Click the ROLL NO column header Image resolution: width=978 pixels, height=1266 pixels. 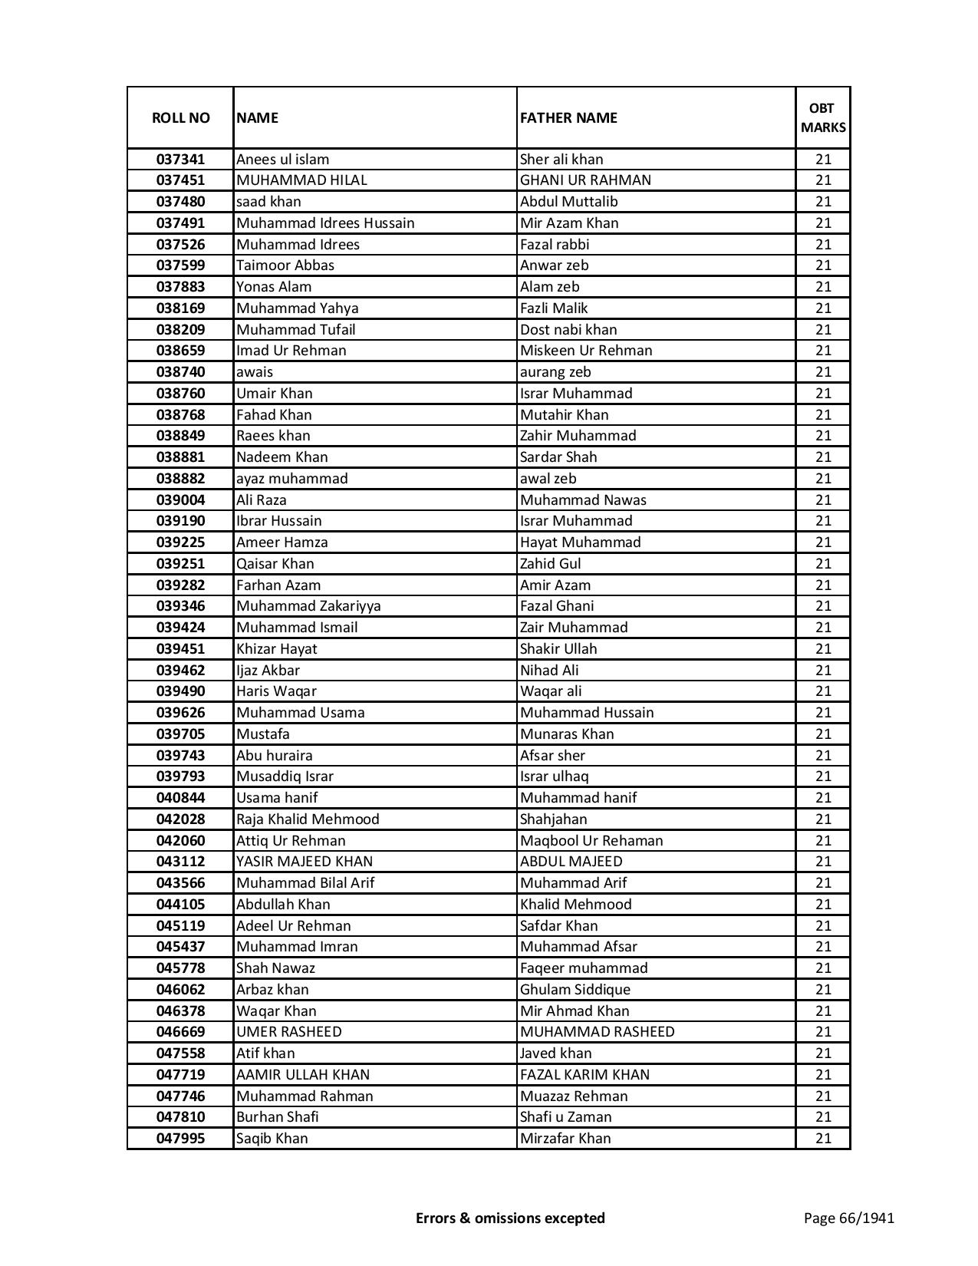pyautogui.click(x=180, y=117)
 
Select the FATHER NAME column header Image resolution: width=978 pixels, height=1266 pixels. pyautogui.click(x=568, y=117)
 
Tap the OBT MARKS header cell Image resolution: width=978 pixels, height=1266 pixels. pyautogui.click(x=823, y=117)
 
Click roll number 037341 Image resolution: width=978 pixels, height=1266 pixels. pyautogui.click(x=180, y=160)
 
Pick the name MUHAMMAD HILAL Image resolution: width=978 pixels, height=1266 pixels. pyautogui.click(x=301, y=180)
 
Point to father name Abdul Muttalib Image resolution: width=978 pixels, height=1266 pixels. pyautogui.click(x=568, y=202)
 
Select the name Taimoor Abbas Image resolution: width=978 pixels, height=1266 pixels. pyautogui.click(x=285, y=265)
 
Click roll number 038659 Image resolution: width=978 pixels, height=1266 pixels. pyautogui.click(x=180, y=351)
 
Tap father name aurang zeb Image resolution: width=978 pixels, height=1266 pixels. pyautogui.click(x=555, y=372)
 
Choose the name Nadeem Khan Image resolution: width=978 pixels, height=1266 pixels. pyautogui.click(x=282, y=457)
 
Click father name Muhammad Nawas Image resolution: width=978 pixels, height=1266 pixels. pyautogui.click(x=583, y=500)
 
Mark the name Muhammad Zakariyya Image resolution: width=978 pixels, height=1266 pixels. pyautogui.click(x=308, y=606)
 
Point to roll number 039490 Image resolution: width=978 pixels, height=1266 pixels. pyautogui.click(x=180, y=691)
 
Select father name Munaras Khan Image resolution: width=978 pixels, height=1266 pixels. pyautogui.click(x=567, y=734)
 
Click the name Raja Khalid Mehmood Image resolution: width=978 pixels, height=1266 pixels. pyautogui.click(x=308, y=819)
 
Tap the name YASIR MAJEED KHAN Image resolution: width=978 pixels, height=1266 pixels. pyautogui.click(x=305, y=862)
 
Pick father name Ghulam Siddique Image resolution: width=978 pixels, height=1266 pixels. pyautogui.click(x=575, y=990)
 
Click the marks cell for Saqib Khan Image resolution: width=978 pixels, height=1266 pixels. pyautogui.click(x=823, y=1139)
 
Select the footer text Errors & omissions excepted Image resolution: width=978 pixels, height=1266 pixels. pyautogui.click(x=510, y=1218)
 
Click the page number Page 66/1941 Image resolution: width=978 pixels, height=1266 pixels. pyautogui.click(x=848, y=1218)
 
